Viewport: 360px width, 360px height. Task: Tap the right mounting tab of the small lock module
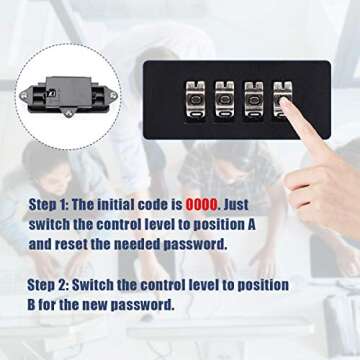(112, 95)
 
